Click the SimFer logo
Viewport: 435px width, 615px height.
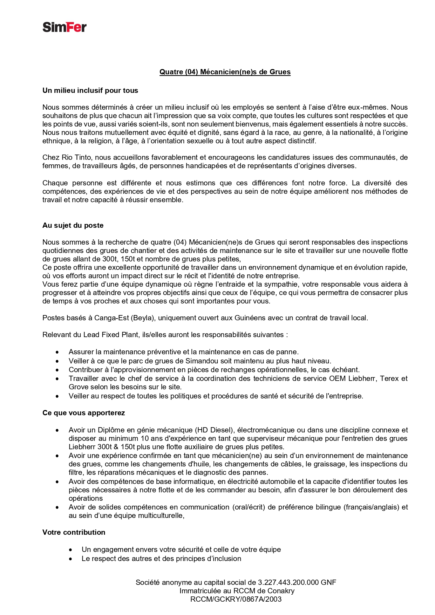coord(64,27)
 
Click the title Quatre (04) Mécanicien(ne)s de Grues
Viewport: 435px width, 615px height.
coord(225,72)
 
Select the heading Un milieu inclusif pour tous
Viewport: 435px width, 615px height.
coord(90,90)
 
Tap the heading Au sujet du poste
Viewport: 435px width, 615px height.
coord(73,225)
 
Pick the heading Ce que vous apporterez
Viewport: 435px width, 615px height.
coord(83,413)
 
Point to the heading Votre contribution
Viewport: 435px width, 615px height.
coord(74,532)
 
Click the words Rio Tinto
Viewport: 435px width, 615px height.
coord(76,157)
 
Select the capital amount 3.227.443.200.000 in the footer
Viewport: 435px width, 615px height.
coord(288,582)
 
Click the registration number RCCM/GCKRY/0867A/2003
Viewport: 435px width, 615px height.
coord(236,599)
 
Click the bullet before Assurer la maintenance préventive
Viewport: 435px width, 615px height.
coord(57,352)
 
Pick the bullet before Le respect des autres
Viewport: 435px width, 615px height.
coord(71,559)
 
